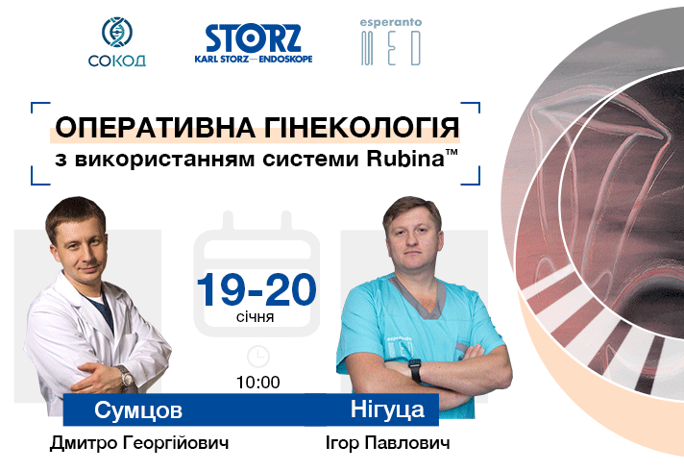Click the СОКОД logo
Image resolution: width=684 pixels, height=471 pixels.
(x=117, y=42)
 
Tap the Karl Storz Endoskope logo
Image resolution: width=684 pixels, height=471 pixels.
(x=254, y=43)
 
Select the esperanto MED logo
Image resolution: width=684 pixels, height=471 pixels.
(x=391, y=42)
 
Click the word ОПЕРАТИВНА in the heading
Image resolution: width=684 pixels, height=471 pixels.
(x=155, y=128)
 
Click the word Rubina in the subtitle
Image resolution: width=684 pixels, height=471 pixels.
(x=405, y=159)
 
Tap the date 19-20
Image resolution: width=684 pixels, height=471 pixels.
(x=256, y=289)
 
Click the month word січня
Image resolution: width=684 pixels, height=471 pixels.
(x=256, y=316)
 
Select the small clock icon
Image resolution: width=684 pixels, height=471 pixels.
(x=258, y=357)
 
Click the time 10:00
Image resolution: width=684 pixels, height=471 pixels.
(x=258, y=383)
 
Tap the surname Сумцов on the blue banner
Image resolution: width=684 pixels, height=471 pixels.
(x=138, y=410)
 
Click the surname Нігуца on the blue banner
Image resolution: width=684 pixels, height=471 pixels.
(x=387, y=409)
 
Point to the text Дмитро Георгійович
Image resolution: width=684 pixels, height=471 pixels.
(x=139, y=442)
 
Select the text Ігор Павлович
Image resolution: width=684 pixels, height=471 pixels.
(x=388, y=442)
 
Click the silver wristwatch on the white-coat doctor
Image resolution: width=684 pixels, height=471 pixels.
(x=127, y=376)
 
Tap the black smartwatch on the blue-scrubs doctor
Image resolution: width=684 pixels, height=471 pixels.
(x=415, y=370)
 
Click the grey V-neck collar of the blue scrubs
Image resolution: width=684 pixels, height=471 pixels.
(x=418, y=296)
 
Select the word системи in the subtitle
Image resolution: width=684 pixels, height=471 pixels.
(x=310, y=159)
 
